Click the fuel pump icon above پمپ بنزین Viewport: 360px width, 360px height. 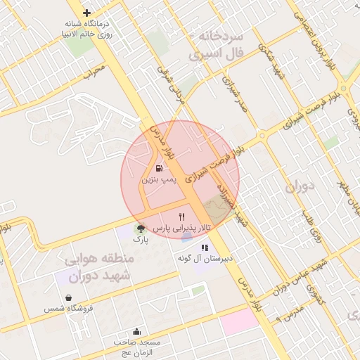[x=159, y=169]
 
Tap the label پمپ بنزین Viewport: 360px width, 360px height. [x=158, y=181]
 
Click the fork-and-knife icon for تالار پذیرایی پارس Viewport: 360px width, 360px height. [x=182, y=217]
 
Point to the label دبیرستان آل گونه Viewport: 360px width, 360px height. [x=205, y=259]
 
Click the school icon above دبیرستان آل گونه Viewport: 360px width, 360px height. [x=205, y=247]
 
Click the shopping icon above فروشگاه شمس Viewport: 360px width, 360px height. [x=69, y=297]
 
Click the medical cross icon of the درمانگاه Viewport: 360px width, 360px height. [x=86, y=13]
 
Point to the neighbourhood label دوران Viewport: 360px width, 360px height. [x=303, y=188]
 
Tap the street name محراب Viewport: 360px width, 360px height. [x=94, y=71]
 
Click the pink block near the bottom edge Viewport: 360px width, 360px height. [x=239, y=321]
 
